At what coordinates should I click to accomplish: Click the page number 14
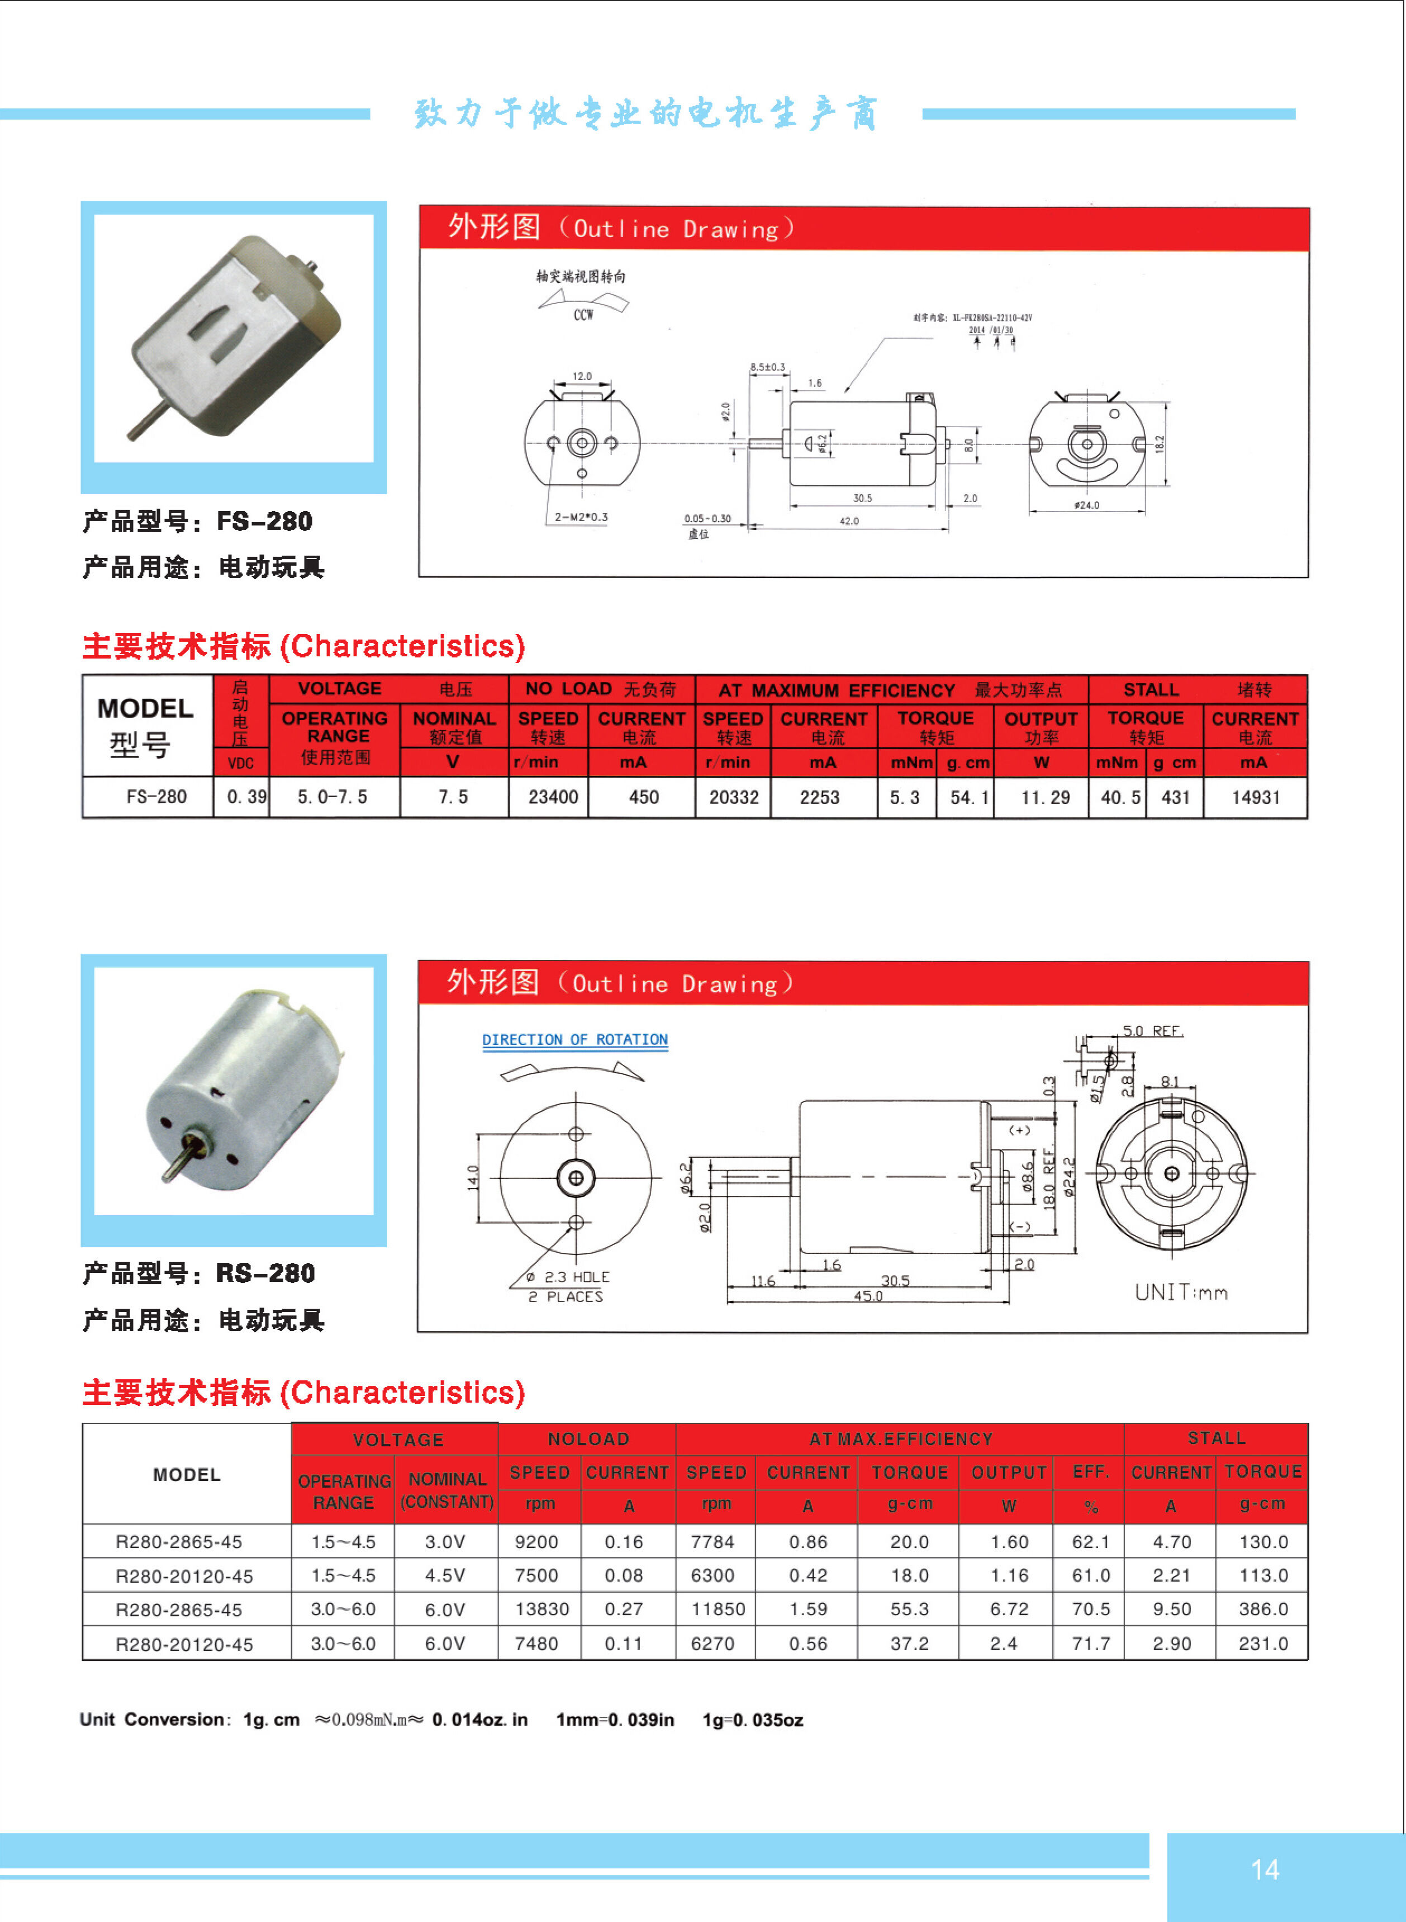point(1264,1869)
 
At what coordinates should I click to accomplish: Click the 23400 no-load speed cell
point(553,797)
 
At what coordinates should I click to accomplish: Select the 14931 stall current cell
point(1255,797)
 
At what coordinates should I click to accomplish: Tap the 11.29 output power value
point(1045,797)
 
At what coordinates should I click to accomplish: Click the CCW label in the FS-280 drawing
point(583,315)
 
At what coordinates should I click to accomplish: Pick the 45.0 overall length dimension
point(868,1295)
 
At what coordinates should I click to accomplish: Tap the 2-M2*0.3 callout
point(581,517)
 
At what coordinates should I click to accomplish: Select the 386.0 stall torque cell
point(1263,1609)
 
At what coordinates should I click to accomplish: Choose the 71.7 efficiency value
point(1090,1643)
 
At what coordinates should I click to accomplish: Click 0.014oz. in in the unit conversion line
point(480,1720)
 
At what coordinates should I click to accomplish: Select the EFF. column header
point(1090,1472)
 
